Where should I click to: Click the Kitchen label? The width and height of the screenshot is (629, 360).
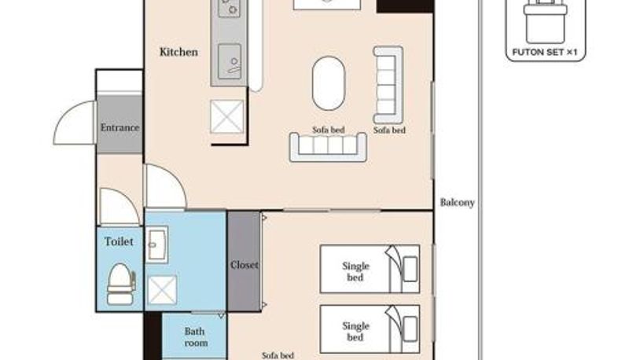pos(178,52)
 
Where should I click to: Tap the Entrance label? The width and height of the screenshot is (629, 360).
pos(120,127)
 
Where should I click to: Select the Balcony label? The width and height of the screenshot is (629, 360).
pos(458,203)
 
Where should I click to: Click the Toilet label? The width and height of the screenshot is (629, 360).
pos(119,241)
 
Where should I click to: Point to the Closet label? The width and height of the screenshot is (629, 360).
pos(245,265)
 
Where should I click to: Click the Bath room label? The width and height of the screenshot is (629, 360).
pos(195,337)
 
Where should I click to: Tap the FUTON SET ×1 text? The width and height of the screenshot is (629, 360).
pos(545,52)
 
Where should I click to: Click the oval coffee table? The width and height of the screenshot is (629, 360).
pos(329,83)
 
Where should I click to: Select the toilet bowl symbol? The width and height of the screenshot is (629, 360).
pos(121,284)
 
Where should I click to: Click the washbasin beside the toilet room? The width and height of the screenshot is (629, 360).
pos(156,244)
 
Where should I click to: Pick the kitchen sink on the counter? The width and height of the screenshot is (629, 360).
pos(230,62)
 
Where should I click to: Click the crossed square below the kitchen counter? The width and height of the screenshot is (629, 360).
pos(227,116)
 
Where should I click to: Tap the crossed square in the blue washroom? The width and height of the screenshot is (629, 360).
pos(162,290)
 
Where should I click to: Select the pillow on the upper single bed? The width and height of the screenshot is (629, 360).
pos(410,269)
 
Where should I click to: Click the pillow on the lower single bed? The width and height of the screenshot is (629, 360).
pos(410,329)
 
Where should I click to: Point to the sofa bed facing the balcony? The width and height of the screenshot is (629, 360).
pos(388,85)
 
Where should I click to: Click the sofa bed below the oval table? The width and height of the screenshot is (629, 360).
pos(328,147)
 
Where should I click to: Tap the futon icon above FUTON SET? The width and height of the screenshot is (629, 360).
pos(545,21)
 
